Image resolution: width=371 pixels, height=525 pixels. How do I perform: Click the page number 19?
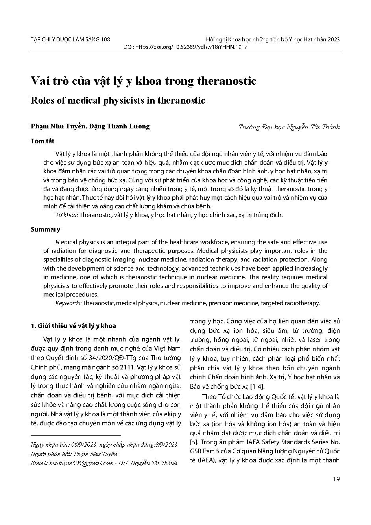pos(336,479)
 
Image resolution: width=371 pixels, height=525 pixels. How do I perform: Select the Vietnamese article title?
pos(144,81)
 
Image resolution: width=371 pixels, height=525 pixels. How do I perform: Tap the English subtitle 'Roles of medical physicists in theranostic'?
pos(118,100)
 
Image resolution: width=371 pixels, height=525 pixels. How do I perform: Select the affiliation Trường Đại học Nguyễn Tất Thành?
pos(289,127)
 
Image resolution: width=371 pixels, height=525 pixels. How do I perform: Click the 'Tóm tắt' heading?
pos(42,141)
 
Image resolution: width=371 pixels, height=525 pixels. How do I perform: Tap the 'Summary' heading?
pos(46,229)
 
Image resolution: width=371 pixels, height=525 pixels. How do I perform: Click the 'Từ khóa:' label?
pos(67,215)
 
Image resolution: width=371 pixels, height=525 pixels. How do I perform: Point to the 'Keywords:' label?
pos(69,303)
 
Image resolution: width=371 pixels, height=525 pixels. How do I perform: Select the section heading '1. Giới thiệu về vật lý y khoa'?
pos(73,326)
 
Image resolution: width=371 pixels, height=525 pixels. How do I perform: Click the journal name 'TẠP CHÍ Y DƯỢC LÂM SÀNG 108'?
pos(70,39)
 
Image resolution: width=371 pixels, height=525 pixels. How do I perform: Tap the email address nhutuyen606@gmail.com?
pos(83,464)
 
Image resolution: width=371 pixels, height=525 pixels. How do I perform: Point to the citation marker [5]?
pos(194,442)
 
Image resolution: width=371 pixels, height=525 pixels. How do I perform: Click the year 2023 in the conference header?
pos(333,39)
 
